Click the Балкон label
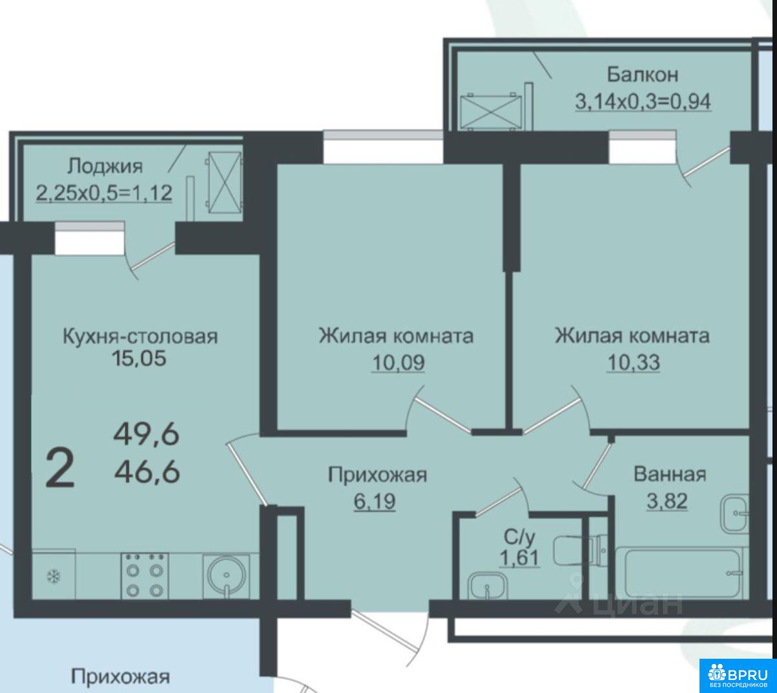pyautogui.click(x=643, y=75)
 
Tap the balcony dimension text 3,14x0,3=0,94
pyautogui.click(x=643, y=101)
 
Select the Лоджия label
pyautogui.click(x=105, y=167)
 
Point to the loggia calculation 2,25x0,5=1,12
pyautogui.click(x=104, y=193)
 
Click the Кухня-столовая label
pyautogui.click(x=140, y=336)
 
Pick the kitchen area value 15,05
pyautogui.click(x=139, y=359)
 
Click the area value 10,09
pyautogui.click(x=399, y=363)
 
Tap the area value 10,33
pyautogui.click(x=634, y=363)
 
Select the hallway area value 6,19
pyautogui.click(x=375, y=502)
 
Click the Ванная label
pyautogui.click(x=670, y=474)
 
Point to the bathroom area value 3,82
pyautogui.click(x=667, y=500)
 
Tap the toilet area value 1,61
pyautogui.click(x=520, y=558)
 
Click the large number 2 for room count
pyautogui.click(x=60, y=469)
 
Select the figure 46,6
pyautogui.click(x=147, y=472)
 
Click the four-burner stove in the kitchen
pyautogui.click(x=145, y=575)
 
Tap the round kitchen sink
pyautogui.click(x=226, y=576)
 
